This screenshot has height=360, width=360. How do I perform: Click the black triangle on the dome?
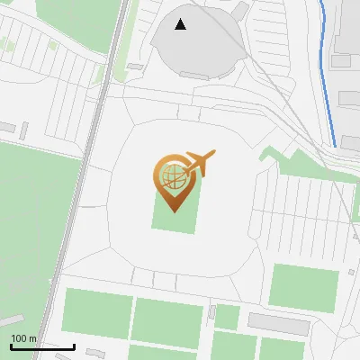(x=181, y=24)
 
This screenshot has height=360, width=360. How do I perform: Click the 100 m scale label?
(x=23, y=338)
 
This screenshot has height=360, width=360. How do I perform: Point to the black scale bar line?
(x=42, y=346)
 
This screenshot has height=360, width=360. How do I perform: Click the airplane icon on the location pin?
(x=200, y=163)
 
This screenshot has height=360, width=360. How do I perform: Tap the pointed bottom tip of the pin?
(x=172, y=211)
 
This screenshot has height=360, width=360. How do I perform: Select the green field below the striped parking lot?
(x=304, y=287)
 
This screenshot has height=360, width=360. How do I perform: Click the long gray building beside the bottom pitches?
(x=278, y=323)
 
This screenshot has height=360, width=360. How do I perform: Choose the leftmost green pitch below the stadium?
(x=94, y=311)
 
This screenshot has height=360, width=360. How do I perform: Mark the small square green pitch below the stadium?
(x=227, y=317)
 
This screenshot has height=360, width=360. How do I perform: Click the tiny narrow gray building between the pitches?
(x=211, y=312)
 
